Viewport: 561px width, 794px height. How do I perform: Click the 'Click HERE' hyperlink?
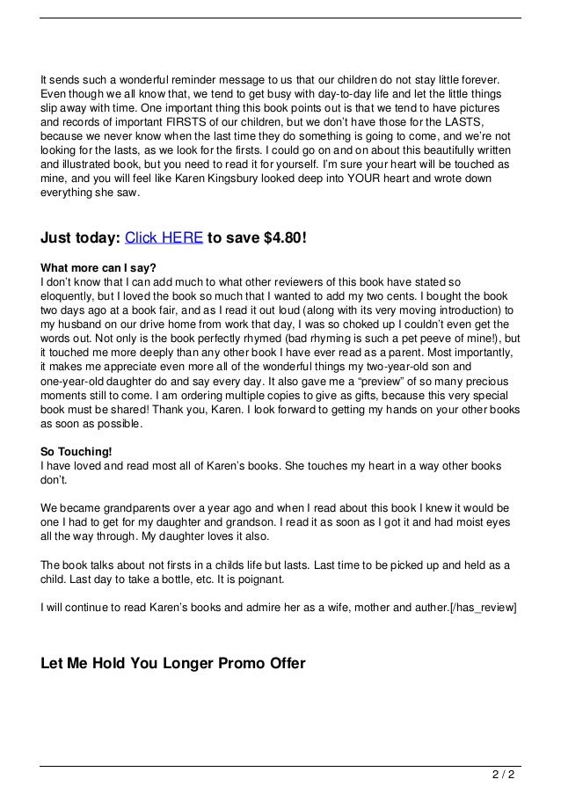pos(164,237)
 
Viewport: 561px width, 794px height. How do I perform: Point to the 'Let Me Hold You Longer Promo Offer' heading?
pos(172,662)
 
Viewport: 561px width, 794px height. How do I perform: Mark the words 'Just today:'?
pos(80,237)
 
